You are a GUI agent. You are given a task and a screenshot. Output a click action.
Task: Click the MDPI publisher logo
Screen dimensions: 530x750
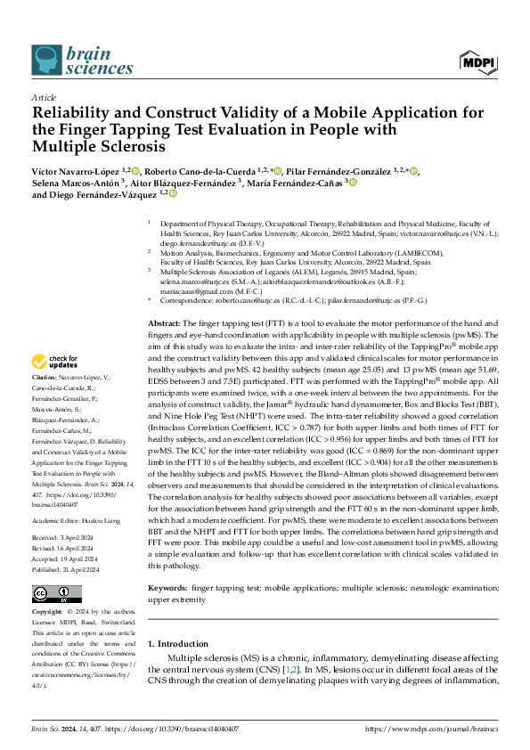tap(478, 61)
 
